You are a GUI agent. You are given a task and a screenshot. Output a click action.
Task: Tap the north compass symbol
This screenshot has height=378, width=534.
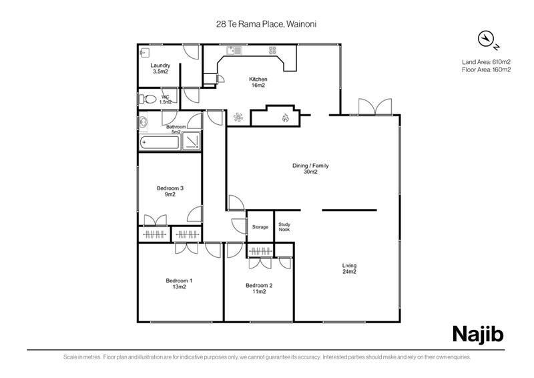487,39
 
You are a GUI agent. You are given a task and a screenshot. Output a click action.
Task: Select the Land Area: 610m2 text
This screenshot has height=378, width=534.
486,62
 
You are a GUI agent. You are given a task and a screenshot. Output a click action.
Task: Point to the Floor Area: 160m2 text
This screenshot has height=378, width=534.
486,69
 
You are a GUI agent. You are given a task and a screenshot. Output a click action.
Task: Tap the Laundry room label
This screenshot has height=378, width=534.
160,65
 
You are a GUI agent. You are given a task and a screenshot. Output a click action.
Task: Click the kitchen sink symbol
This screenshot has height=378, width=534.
235,49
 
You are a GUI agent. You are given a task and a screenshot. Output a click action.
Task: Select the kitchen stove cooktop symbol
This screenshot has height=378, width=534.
273,49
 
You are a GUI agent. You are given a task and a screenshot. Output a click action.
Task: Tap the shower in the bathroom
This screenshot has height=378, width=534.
192,141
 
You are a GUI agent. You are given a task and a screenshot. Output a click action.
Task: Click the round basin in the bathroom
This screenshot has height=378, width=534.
144,122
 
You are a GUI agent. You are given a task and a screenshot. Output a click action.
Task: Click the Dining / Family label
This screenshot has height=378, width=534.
310,166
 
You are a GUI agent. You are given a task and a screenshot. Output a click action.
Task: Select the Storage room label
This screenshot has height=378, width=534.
260,227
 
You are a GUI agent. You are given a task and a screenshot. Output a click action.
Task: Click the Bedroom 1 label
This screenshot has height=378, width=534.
179,280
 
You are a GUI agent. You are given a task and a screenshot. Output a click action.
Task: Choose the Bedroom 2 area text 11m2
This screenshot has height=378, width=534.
258,292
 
